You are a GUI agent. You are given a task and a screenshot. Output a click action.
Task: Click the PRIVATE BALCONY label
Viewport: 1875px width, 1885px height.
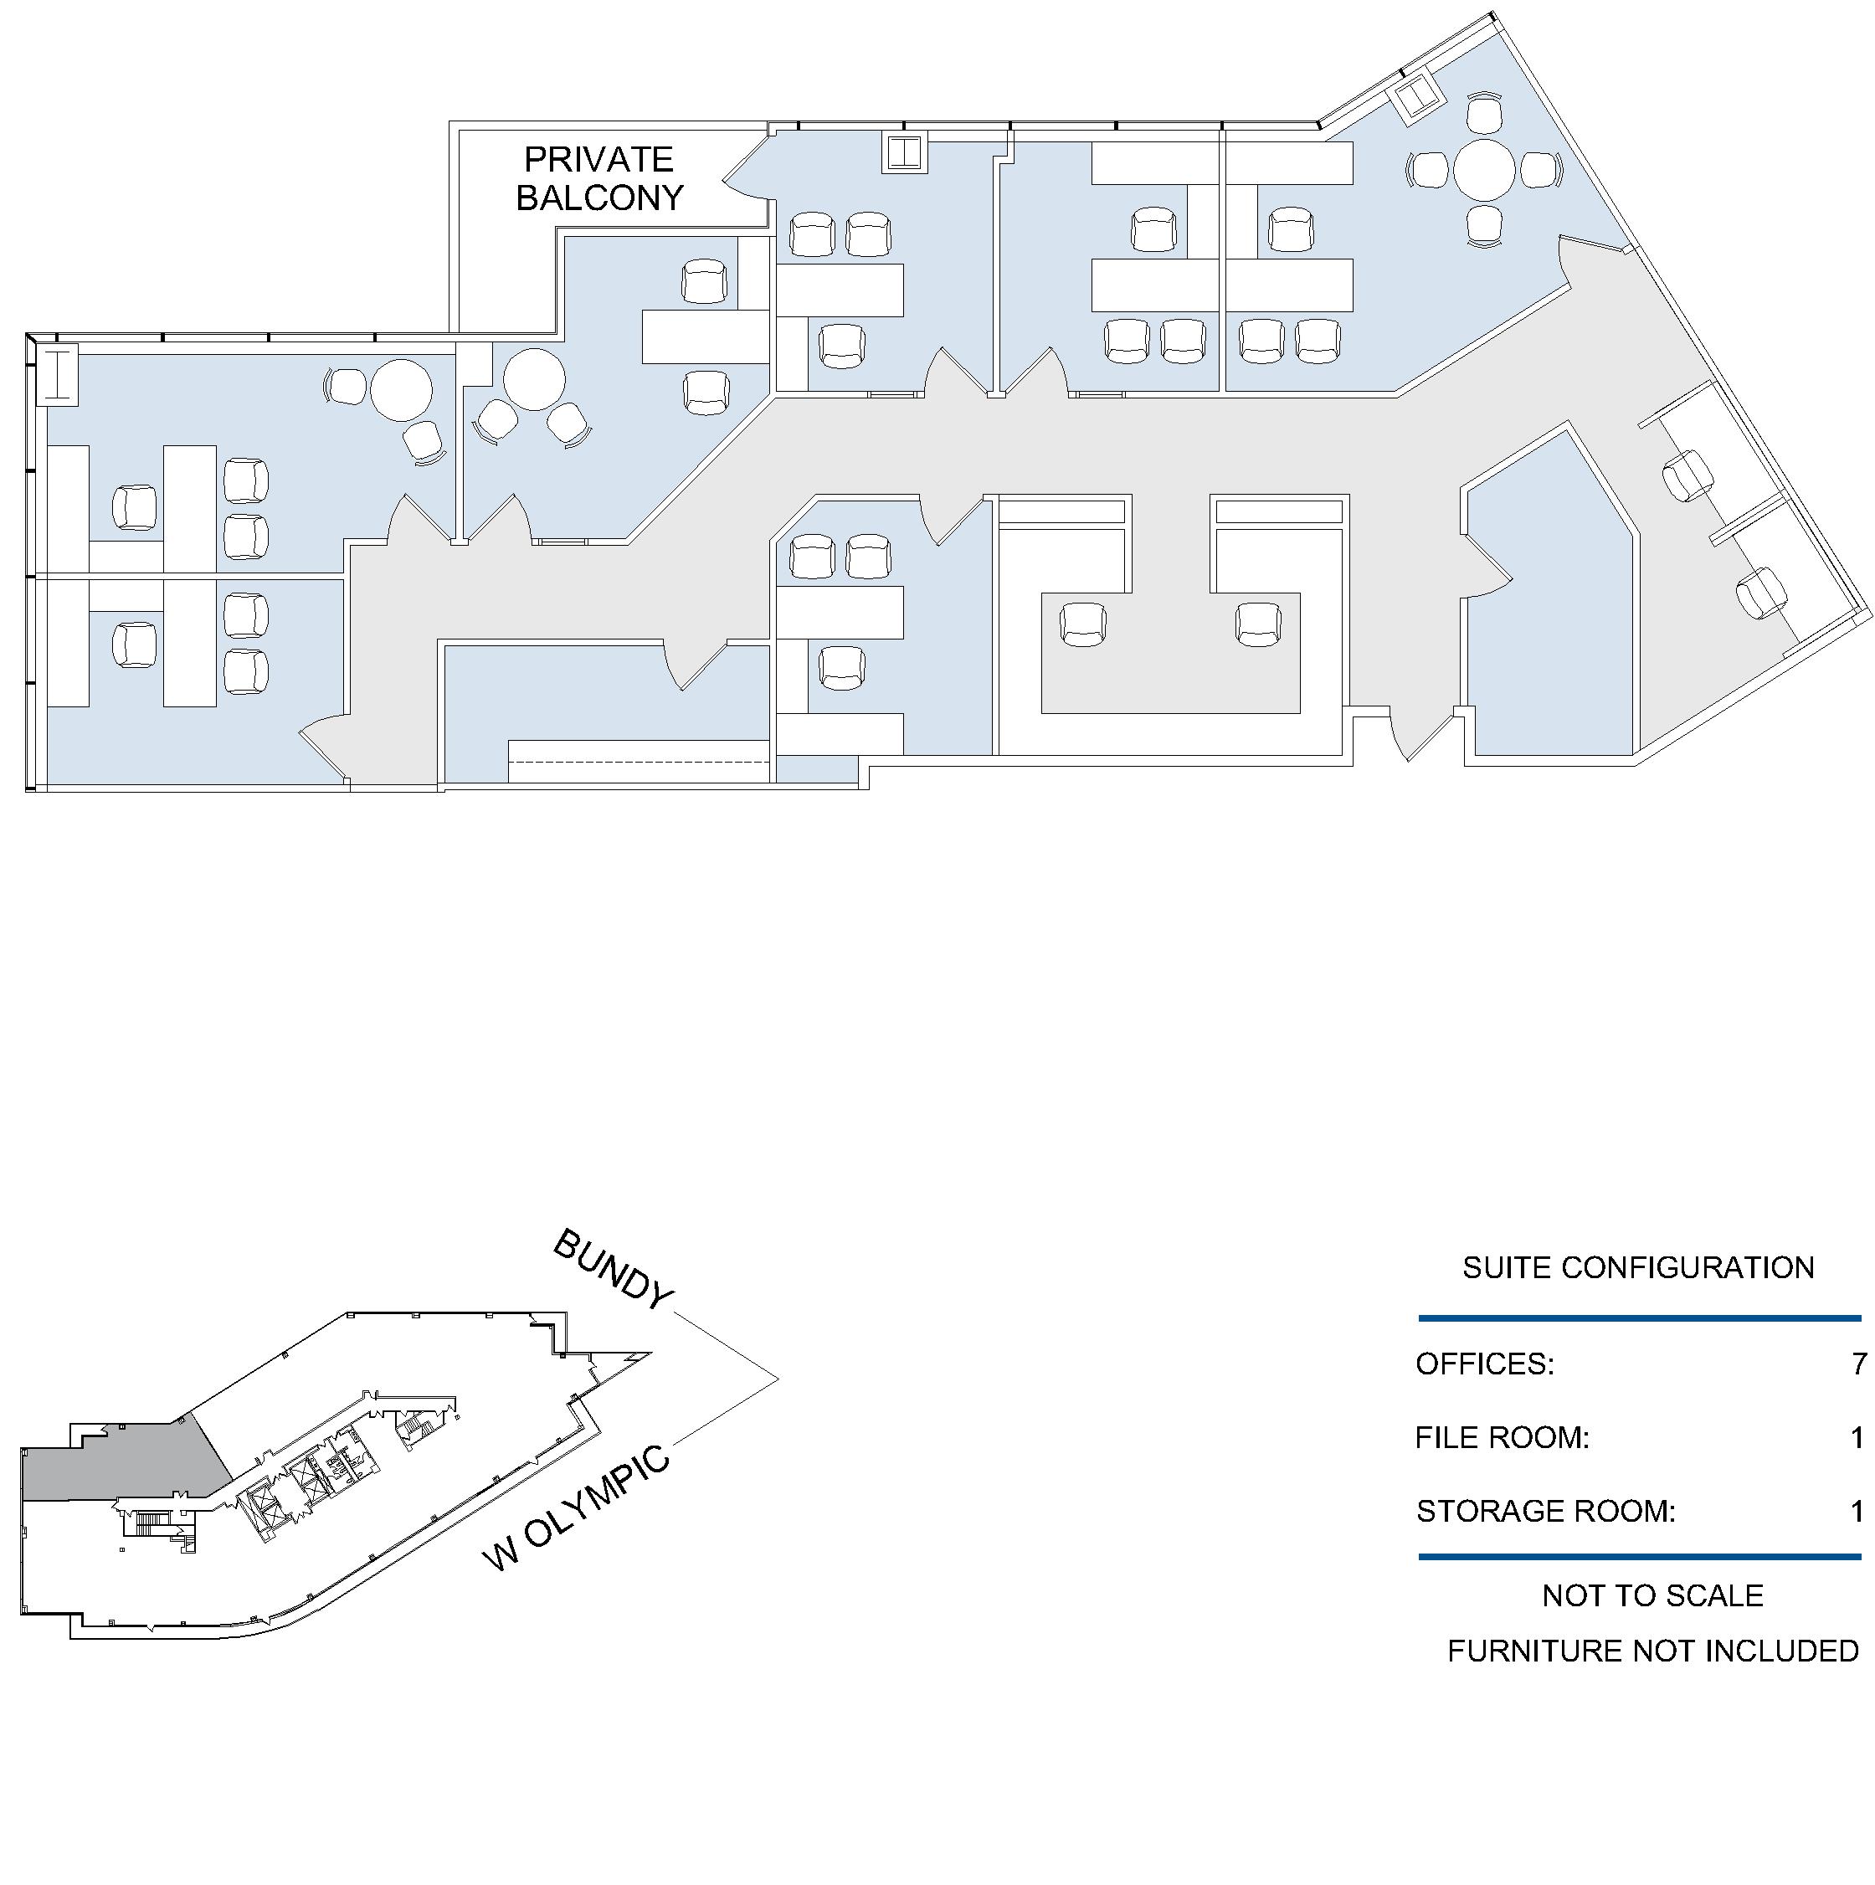coord(599,178)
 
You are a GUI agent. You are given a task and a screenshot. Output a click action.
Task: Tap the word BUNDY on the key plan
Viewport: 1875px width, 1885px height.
coord(614,1268)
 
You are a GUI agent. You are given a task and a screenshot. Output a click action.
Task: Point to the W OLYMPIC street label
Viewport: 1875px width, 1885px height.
coord(578,1508)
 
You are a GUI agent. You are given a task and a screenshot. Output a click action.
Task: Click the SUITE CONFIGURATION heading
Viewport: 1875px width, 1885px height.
coord(1638,1267)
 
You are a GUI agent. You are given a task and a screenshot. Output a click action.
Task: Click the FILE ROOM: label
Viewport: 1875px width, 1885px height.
coord(1503,1437)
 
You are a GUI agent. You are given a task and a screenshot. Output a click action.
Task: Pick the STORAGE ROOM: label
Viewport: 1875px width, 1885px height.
coord(1546,1512)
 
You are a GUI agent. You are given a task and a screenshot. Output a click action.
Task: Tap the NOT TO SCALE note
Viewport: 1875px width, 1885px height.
coord(1652,1595)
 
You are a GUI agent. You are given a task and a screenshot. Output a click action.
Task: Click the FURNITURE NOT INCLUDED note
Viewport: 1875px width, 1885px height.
coord(1652,1651)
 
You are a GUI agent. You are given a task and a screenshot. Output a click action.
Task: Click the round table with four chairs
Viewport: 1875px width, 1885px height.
coord(1484,171)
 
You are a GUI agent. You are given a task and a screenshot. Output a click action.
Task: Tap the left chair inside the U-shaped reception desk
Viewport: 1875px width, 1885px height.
coord(1083,624)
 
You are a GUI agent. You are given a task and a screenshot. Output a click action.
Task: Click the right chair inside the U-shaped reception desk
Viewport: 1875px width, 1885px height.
coord(1258,624)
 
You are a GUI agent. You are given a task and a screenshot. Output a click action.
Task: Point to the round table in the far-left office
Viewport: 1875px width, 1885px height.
coord(401,389)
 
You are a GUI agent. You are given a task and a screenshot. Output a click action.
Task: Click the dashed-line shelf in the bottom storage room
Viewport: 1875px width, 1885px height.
coord(639,761)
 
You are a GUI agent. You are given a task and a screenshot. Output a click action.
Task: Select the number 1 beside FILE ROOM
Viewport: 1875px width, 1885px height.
coord(1858,1437)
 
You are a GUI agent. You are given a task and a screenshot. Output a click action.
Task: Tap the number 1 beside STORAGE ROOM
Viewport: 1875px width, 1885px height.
coord(1858,1512)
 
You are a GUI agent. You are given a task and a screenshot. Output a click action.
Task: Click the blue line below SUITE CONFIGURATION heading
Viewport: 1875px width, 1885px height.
coord(1640,1318)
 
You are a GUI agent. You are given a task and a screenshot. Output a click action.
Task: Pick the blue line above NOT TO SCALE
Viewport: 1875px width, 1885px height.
coord(1640,1556)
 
